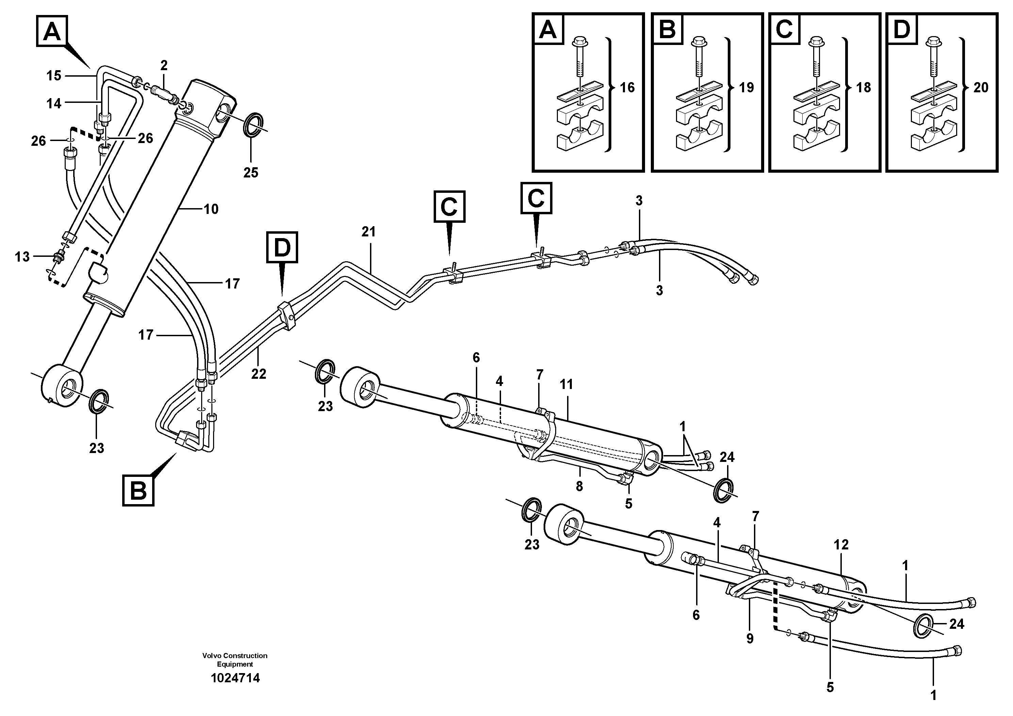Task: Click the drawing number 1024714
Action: pos(235,678)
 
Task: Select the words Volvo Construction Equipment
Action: pos(235,659)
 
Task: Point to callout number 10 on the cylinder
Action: pos(211,209)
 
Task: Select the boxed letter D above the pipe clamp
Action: pos(282,247)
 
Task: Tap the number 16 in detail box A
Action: pos(627,88)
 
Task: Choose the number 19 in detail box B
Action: pos(746,88)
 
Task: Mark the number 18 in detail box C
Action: pos(864,88)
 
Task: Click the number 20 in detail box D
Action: pos(981,88)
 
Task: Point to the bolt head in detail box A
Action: pos(578,42)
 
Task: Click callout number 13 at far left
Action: pos(22,256)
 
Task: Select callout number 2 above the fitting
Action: pos(164,66)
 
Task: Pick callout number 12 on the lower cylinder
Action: pos(841,544)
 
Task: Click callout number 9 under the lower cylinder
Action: pos(750,638)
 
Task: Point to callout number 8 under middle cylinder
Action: pos(579,486)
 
